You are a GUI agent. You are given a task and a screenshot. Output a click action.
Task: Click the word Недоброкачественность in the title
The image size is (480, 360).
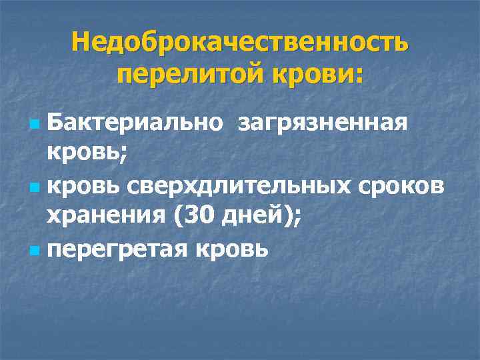pos(240,42)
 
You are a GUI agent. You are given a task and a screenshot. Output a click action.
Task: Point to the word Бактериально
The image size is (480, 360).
pos(135,122)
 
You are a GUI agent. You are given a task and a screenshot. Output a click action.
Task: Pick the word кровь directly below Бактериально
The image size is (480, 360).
pos(79,153)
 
